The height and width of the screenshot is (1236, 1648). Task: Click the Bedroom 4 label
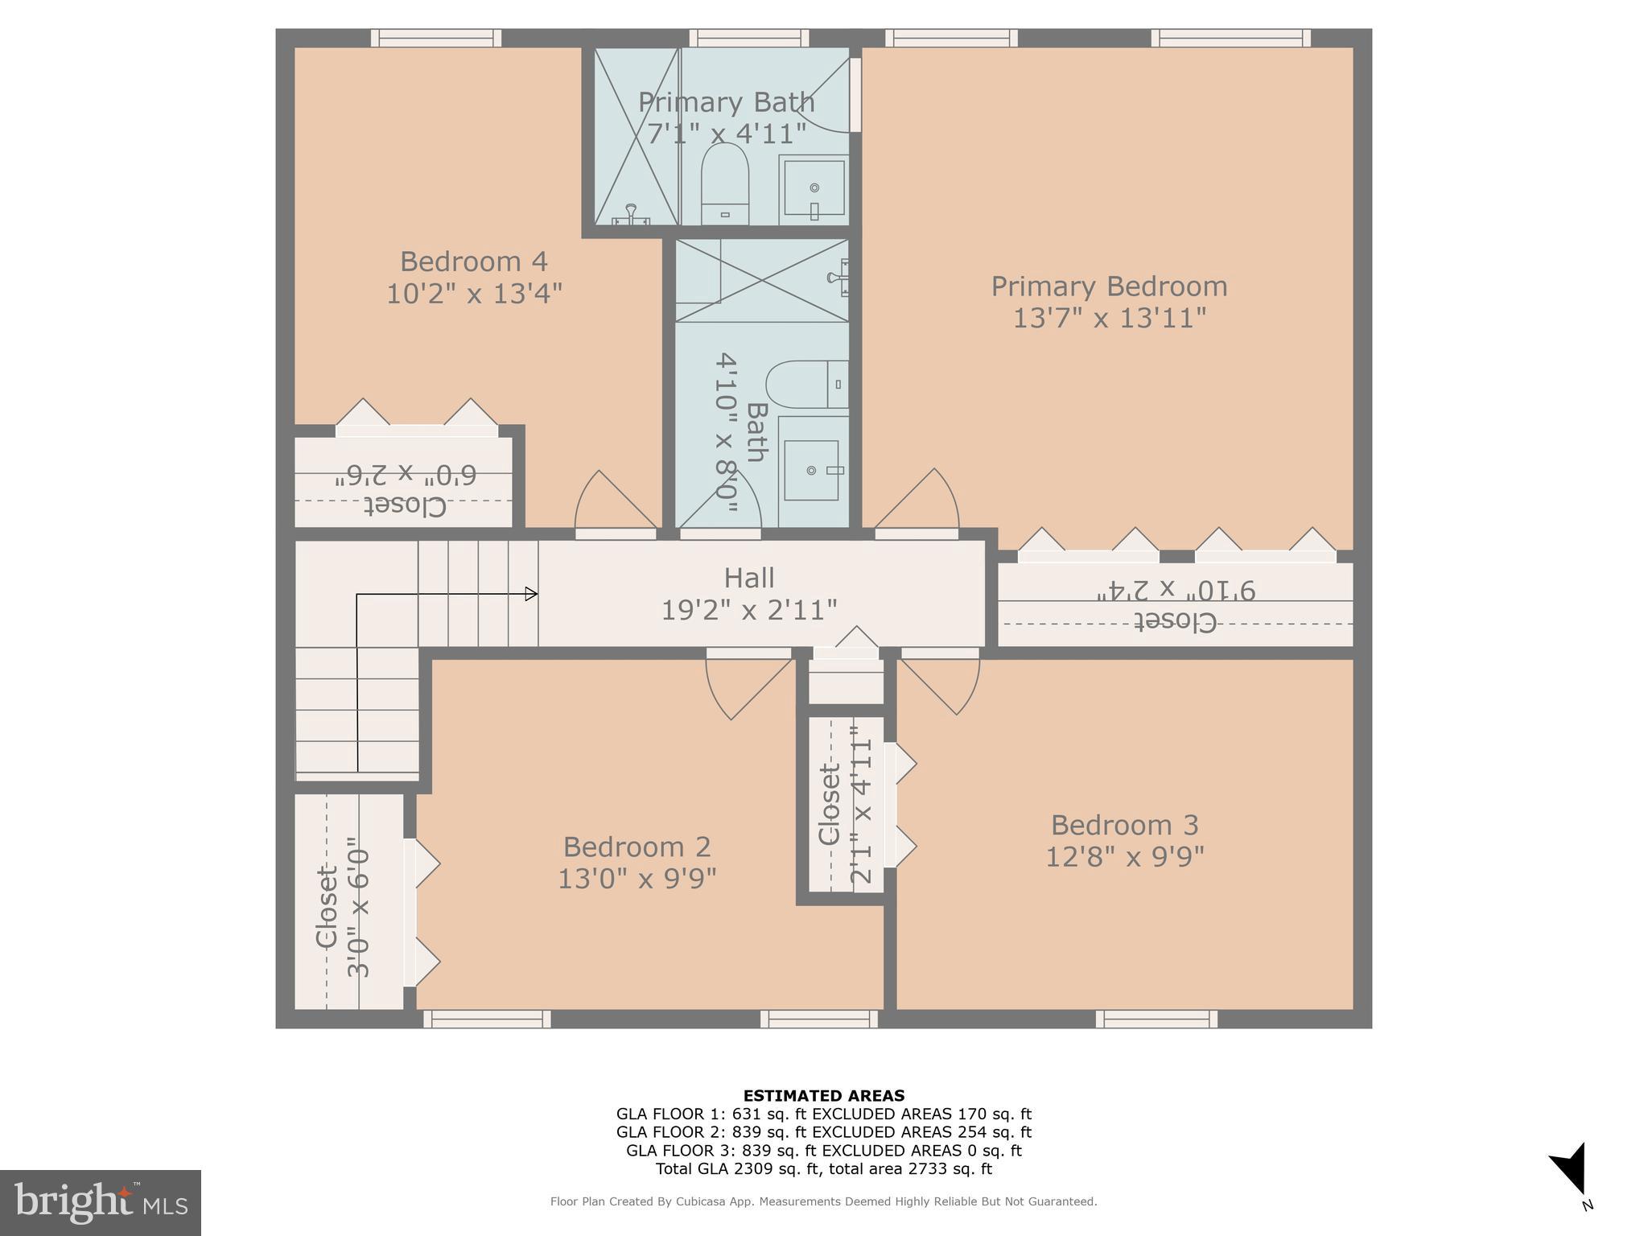(473, 262)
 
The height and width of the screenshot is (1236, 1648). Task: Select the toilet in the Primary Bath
(724, 185)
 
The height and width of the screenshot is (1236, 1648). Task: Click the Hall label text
(749, 578)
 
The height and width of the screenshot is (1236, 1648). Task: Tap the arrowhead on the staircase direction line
(531, 594)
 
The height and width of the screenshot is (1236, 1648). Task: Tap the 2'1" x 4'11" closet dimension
(861, 805)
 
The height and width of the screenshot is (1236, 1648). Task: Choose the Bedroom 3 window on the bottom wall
(1156, 1020)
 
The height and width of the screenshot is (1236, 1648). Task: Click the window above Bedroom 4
(435, 38)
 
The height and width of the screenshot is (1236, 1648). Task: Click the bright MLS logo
(101, 1203)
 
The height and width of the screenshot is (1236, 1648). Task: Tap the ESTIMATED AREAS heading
(823, 1095)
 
